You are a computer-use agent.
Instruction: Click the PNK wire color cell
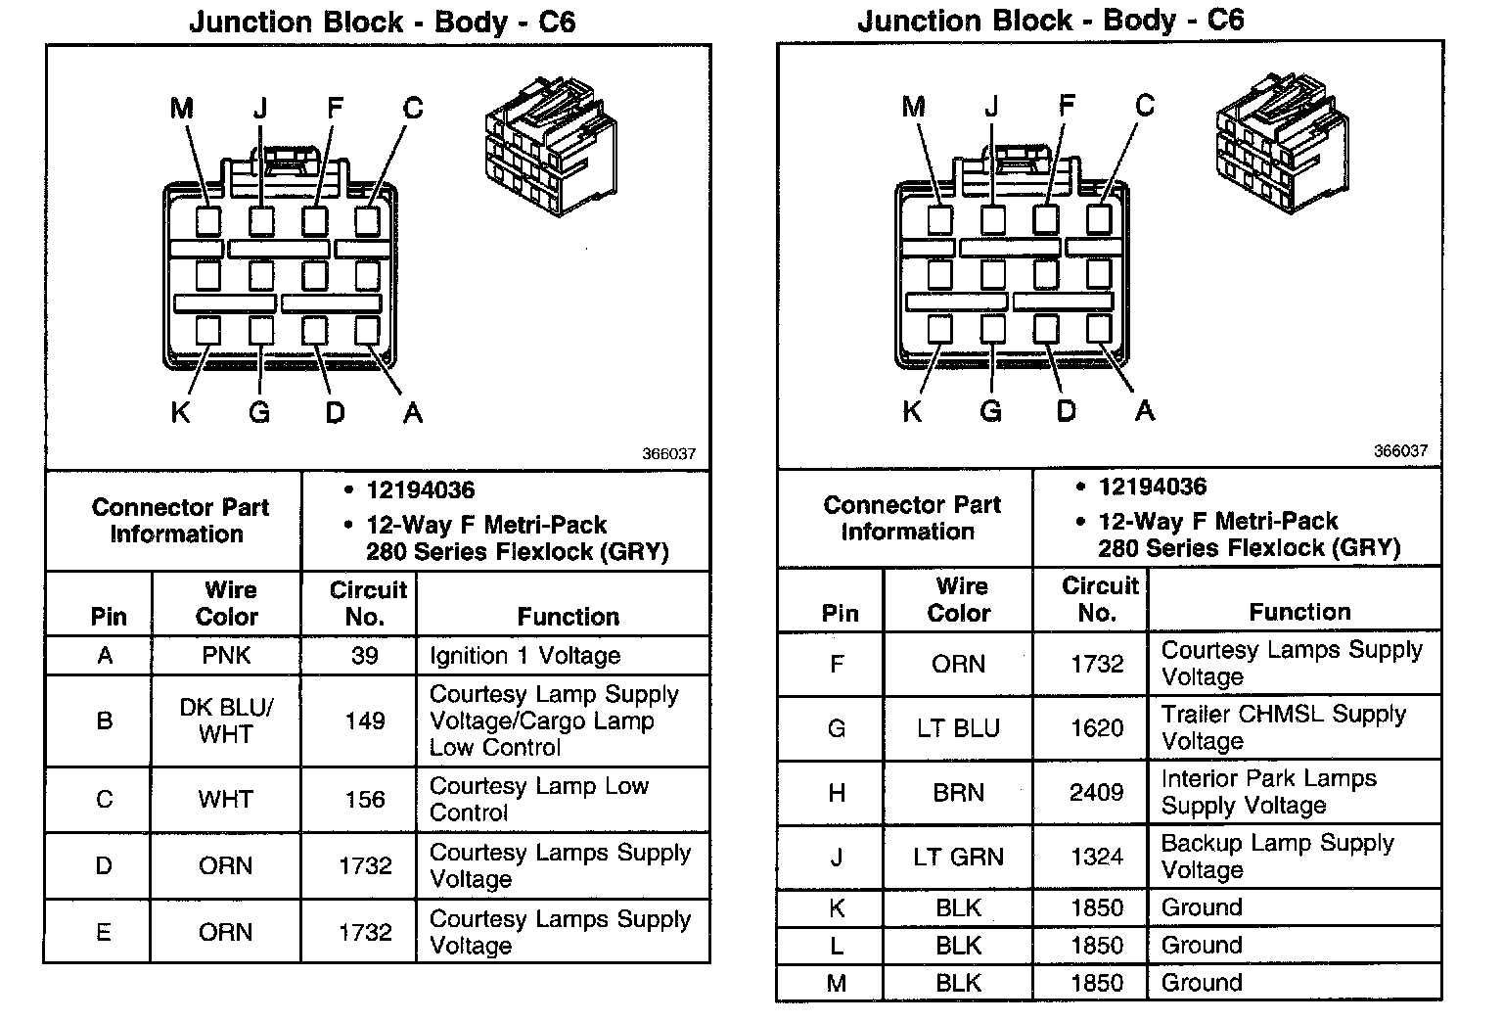[226, 655]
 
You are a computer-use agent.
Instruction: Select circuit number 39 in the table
[364, 655]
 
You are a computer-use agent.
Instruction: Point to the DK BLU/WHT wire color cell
[226, 720]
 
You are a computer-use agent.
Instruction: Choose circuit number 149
[364, 720]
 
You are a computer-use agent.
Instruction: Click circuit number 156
[364, 799]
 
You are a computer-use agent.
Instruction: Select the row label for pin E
[104, 932]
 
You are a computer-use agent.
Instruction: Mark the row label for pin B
[104, 720]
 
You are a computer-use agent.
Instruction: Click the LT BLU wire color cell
[958, 728]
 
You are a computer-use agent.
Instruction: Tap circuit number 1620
[1096, 728]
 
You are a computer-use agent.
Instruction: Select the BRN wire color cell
[958, 792]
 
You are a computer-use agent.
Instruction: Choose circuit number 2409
[1096, 792]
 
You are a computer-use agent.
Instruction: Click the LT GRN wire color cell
[958, 858]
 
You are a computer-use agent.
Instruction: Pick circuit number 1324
[1096, 858]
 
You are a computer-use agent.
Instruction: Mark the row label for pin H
[837, 792]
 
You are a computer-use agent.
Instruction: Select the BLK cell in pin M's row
[958, 983]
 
